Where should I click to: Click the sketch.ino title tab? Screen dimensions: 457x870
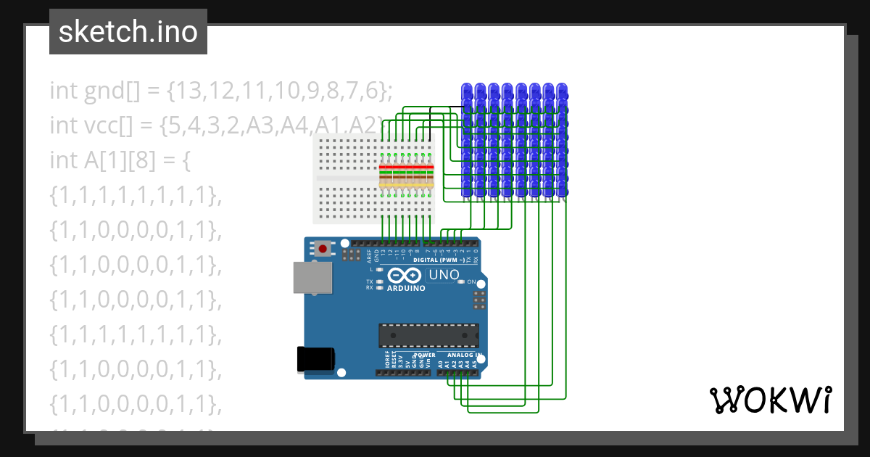coord(128,32)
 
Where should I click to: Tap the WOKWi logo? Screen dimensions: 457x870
coord(770,400)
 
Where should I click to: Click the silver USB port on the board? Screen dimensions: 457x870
coord(310,276)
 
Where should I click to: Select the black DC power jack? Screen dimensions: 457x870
coord(316,360)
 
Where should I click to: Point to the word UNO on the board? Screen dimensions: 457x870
coord(444,275)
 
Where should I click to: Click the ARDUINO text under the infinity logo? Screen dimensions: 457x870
coord(406,288)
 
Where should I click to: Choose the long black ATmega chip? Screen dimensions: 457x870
coord(428,335)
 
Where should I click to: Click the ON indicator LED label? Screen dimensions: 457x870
coord(471,281)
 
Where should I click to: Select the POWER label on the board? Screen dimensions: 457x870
coord(424,355)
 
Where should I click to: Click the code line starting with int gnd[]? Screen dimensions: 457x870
coord(221,91)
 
